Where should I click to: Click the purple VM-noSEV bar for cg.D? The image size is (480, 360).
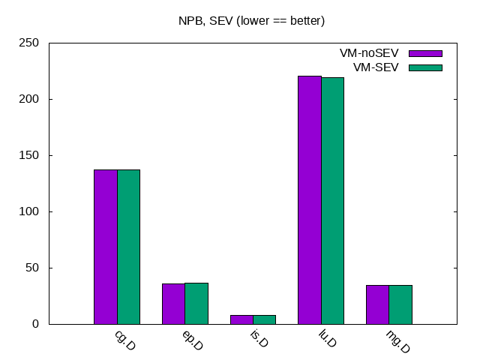pyautogui.click(x=106, y=247)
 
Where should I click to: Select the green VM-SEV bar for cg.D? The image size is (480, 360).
pyautogui.click(x=128, y=247)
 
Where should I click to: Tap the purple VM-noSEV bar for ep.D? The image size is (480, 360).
pyautogui.click(x=173, y=304)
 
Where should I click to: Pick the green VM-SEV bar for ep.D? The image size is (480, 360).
pyautogui.click(x=196, y=304)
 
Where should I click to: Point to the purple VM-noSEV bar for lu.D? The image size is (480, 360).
pyautogui.click(x=310, y=199)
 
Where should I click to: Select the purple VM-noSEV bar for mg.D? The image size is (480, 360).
pyautogui.click(x=377, y=304)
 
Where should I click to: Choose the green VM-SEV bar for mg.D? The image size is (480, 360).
pyautogui.click(x=400, y=304)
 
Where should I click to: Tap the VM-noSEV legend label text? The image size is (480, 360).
pyautogui.click(x=369, y=53)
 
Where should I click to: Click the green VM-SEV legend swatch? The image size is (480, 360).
pyautogui.click(x=425, y=67)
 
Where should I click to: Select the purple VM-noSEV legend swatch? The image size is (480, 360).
pyautogui.click(x=425, y=53)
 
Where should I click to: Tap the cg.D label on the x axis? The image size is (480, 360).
pyautogui.click(x=124, y=340)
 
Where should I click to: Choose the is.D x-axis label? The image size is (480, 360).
pyautogui.click(x=258, y=340)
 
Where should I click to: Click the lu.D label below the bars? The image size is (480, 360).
pyautogui.click(x=326, y=340)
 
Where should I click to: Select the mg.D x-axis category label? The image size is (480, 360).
pyautogui.click(x=397, y=341)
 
